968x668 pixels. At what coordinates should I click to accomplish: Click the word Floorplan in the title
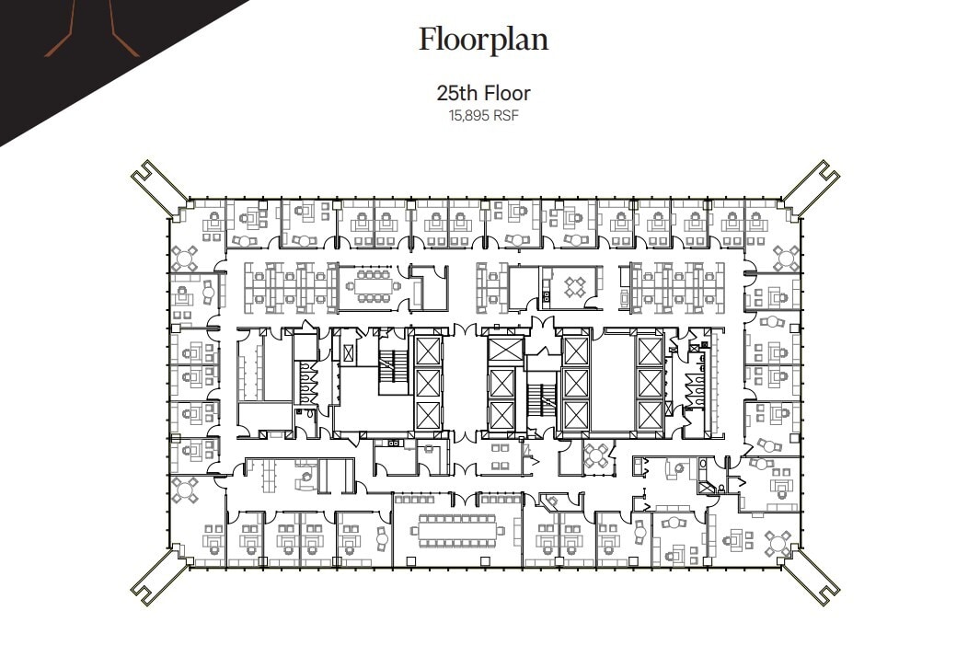[x=483, y=40]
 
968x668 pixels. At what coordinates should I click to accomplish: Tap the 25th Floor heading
[x=483, y=93]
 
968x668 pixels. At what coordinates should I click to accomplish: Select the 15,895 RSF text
[x=483, y=116]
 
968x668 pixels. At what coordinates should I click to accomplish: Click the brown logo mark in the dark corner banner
[x=92, y=28]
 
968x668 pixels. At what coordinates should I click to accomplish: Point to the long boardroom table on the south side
[x=457, y=530]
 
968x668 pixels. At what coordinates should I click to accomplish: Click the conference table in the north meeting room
[x=373, y=285]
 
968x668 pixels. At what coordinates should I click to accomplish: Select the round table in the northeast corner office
[x=786, y=256]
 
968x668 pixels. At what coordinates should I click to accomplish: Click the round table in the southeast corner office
[x=778, y=544]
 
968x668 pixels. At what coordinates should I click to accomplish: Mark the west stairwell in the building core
[x=393, y=365]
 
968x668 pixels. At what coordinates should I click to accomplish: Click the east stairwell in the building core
[x=541, y=398]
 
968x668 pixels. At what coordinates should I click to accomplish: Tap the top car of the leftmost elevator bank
[x=429, y=351]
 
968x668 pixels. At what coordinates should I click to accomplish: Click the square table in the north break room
[x=576, y=286]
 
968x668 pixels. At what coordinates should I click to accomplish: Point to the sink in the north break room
[x=546, y=296]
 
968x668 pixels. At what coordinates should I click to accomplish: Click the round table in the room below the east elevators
[x=599, y=454]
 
